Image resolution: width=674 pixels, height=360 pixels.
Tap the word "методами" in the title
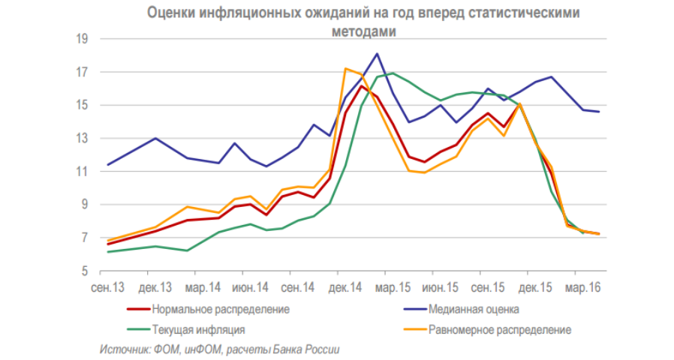[363, 31]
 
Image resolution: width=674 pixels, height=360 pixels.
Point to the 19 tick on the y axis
[83, 39]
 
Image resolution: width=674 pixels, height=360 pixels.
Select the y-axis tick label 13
[83, 139]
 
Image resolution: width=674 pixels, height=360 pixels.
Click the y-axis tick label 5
[86, 271]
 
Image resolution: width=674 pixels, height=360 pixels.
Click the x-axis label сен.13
[108, 288]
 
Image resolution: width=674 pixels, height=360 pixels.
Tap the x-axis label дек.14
[346, 288]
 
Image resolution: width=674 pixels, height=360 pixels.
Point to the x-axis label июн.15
[441, 288]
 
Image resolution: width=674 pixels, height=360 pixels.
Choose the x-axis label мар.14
[203, 288]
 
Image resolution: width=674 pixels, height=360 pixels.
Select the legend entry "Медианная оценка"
[473, 309]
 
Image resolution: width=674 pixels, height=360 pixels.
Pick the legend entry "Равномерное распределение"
[500, 329]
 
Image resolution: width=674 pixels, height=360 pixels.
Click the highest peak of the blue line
[377, 53]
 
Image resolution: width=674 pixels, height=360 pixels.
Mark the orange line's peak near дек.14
[345, 69]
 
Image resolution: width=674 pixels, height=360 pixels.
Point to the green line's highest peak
[393, 73]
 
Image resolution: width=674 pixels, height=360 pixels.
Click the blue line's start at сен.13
[108, 164]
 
